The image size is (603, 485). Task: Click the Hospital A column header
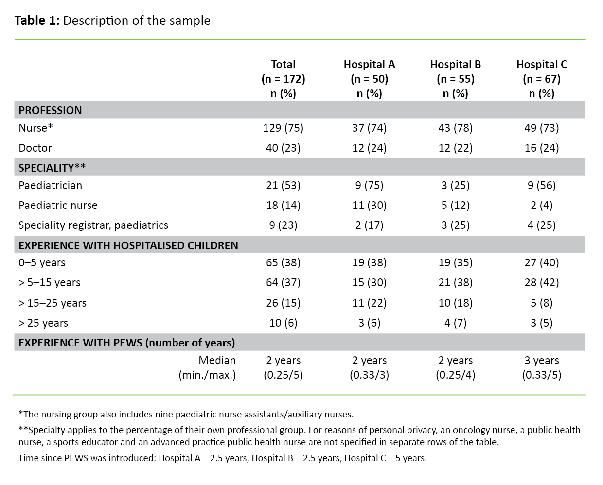tap(369, 79)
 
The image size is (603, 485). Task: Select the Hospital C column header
tap(541, 79)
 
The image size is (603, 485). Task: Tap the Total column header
tap(283, 79)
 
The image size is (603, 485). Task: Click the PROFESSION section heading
tap(50, 110)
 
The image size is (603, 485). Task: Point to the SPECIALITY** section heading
tap(52, 168)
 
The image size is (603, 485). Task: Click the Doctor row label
tap(35, 148)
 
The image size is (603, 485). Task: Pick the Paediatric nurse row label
tap(58, 205)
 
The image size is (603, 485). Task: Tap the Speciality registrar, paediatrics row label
tap(93, 225)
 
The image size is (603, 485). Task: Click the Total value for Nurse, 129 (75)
tap(283, 128)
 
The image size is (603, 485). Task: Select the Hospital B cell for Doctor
tap(455, 148)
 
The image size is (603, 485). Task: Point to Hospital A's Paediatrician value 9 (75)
tap(369, 185)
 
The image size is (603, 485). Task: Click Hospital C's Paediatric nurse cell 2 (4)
tap(541, 205)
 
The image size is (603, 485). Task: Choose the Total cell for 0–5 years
tap(283, 262)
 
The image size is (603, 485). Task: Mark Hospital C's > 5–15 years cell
tap(541, 282)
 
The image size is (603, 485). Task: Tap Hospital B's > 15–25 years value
tap(455, 303)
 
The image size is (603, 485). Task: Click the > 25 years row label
tap(43, 323)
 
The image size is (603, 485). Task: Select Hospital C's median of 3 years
tap(541, 360)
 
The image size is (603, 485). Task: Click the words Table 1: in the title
tap(37, 20)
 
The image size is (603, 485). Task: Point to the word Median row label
tap(217, 360)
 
